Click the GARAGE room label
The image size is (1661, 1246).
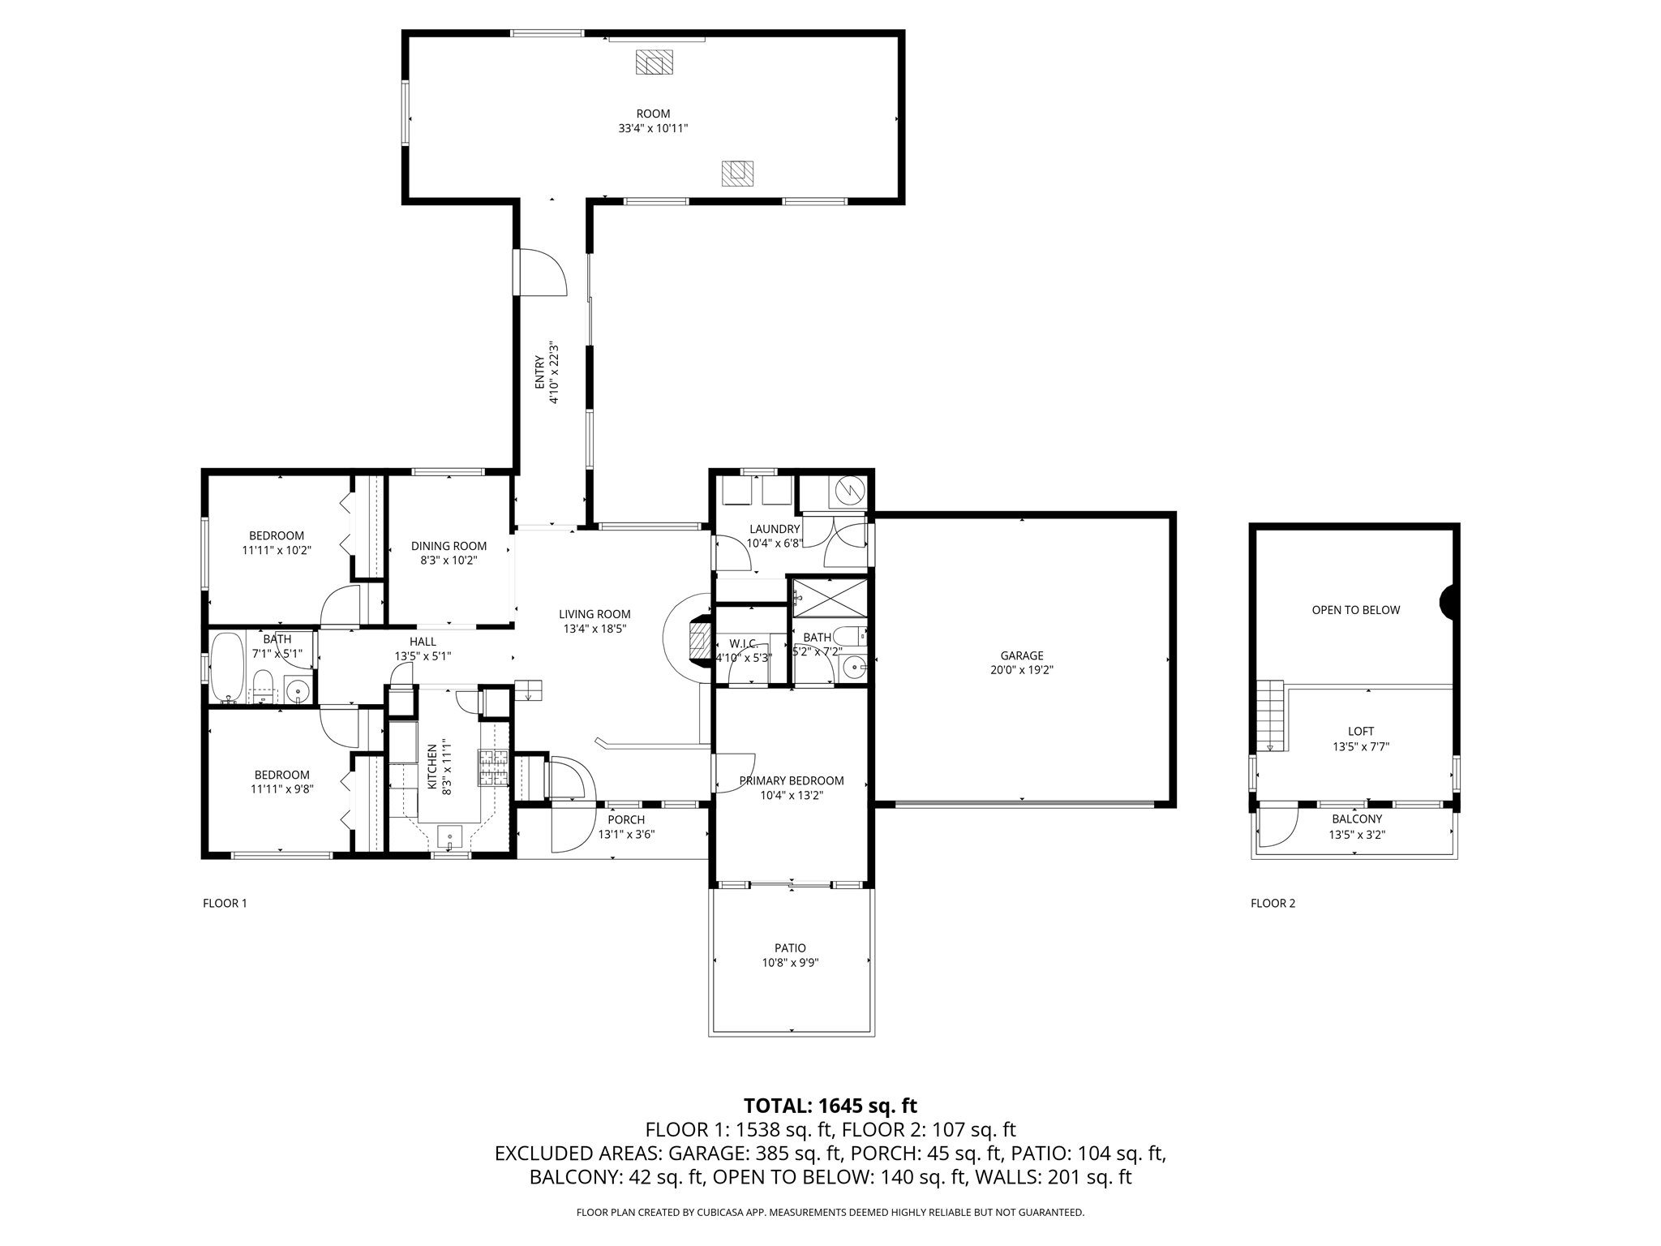pyautogui.click(x=1021, y=655)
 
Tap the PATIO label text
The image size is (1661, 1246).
pyautogui.click(x=790, y=947)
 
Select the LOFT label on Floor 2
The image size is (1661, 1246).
pyautogui.click(x=1361, y=731)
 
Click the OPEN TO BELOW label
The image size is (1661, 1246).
pyautogui.click(x=1356, y=610)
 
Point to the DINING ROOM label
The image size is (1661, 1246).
pyautogui.click(x=449, y=546)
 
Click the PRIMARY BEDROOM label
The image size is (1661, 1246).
pyautogui.click(x=792, y=780)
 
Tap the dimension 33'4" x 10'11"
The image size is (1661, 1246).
pyautogui.click(x=653, y=128)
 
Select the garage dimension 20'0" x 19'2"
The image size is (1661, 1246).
pyautogui.click(x=1021, y=670)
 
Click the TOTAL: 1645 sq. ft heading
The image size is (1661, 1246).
pyautogui.click(x=830, y=1105)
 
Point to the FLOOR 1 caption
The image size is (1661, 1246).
pyautogui.click(x=225, y=903)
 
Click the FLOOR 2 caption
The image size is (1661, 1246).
pyautogui.click(x=1273, y=903)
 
